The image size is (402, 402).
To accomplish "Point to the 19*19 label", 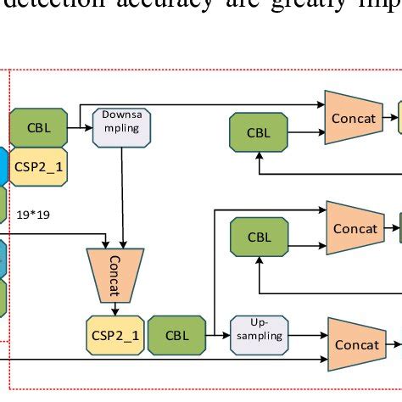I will [34, 215].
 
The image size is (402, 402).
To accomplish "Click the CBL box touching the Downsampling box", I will [38, 127].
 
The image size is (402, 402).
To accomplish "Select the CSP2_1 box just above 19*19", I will [38, 166].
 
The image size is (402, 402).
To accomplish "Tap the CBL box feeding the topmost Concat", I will [258, 133].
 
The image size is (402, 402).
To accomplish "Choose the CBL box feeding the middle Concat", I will [258, 237].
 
